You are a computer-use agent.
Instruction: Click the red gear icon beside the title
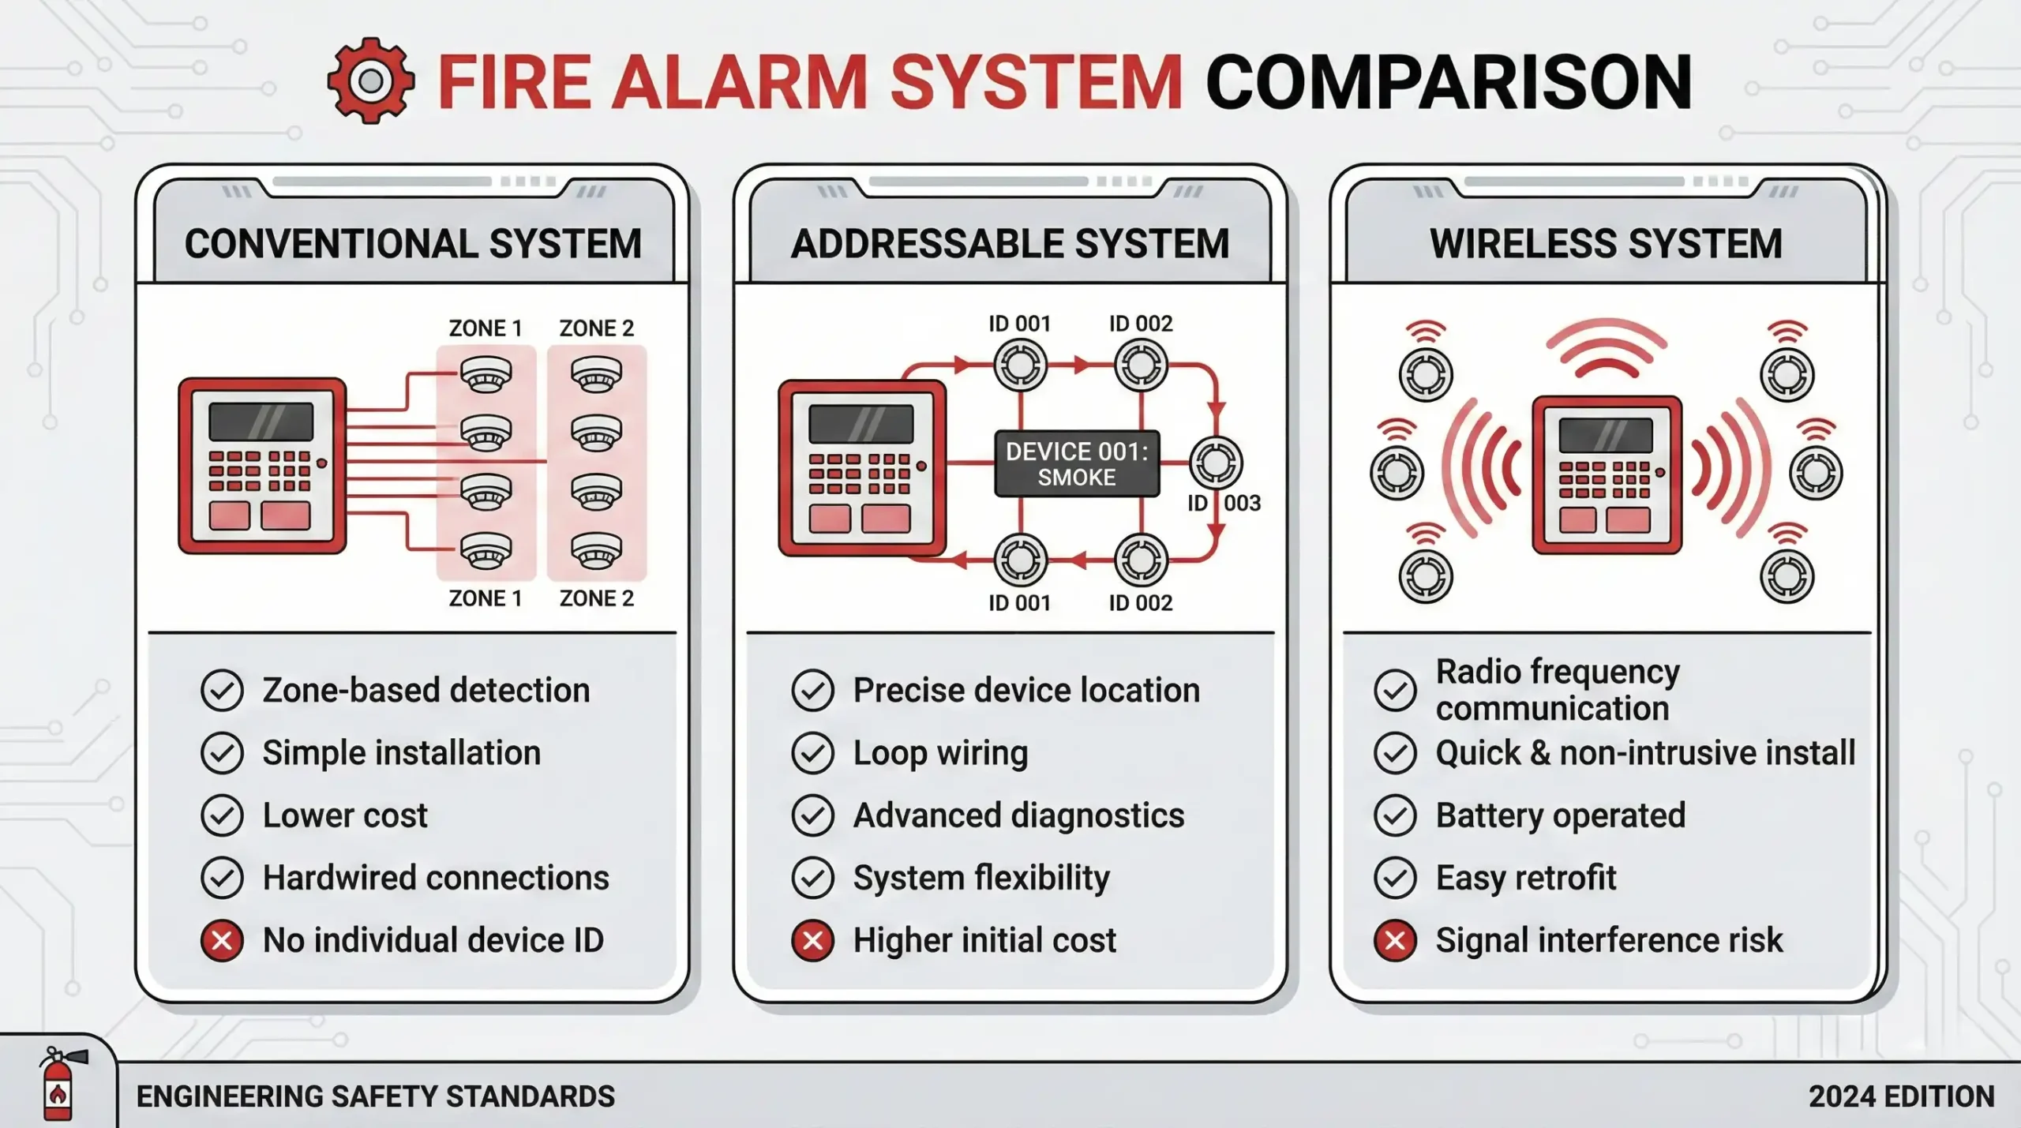point(370,81)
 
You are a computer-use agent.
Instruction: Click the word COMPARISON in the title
point(1448,82)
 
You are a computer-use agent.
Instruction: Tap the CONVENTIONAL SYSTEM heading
point(413,243)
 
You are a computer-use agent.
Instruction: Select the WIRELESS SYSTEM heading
point(1606,243)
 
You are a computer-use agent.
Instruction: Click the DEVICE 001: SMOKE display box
point(1077,463)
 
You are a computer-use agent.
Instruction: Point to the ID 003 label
point(1224,503)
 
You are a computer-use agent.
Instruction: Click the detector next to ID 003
point(1216,463)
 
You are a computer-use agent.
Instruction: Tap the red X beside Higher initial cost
point(812,940)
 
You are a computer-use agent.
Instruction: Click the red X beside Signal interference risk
point(1395,940)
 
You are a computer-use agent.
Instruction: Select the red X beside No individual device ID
point(222,940)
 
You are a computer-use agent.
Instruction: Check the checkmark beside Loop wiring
point(812,753)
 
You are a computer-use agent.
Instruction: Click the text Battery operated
point(1560,815)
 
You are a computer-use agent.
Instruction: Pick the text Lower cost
point(345,815)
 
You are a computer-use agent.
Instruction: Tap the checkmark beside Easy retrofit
point(1395,878)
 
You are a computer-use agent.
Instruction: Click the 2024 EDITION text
point(1901,1096)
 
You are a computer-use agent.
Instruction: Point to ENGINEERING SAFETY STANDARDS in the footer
point(375,1096)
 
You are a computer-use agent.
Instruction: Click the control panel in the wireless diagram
point(1607,474)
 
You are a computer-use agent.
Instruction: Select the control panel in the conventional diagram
point(262,466)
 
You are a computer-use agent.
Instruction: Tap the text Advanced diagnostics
point(1018,815)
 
